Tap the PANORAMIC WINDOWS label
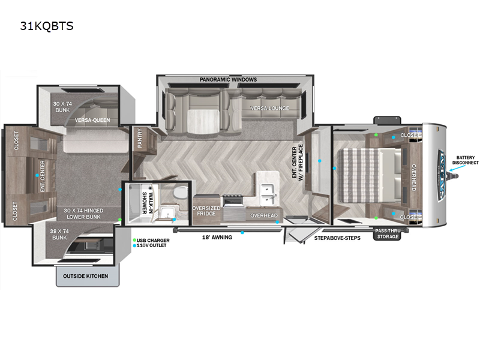point(229,80)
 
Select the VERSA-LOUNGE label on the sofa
point(271,108)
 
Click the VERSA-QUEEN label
point(91,120)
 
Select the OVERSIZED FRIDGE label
point(206,211)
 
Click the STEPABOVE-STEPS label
point(337,238)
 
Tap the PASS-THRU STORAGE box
point(388,233)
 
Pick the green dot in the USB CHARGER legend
point(134,240)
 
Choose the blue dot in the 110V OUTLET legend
point(134,245)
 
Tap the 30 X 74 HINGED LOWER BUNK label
point(84,214)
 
